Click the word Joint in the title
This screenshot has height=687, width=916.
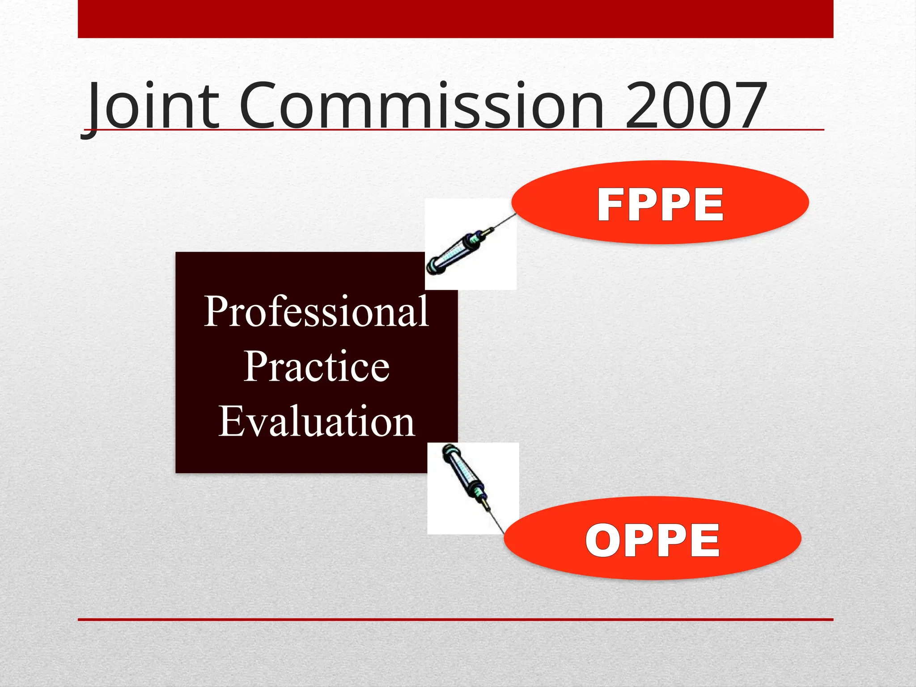[x=152, y=106]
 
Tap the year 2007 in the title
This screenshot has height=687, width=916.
[x=696, y=106]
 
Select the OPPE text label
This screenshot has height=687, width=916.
[x=653, y=540]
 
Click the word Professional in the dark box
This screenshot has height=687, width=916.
[x=317, y=311]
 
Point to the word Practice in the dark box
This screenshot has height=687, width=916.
[x=317, y=367]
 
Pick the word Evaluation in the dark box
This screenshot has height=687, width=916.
[x=317, y=421]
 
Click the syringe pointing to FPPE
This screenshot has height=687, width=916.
[x=461, y=250]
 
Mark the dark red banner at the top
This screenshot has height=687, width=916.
[x=455, y=19]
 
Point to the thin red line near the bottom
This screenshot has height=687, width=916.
[x=455, y=619]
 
